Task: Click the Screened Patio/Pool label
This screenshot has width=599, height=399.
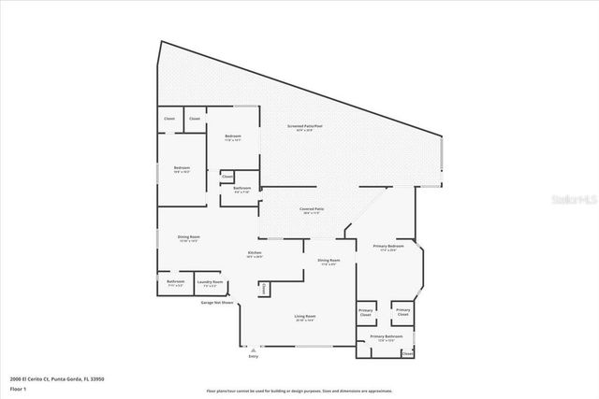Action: pos(305,126)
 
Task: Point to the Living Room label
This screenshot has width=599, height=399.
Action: pos(305,317)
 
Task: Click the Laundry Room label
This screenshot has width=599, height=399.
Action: pos(210,281)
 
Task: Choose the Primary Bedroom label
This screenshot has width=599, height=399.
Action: pos(387,247)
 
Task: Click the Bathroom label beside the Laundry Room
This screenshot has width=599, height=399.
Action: pos(175,281)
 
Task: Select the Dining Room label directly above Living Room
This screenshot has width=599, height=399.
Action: pos(328,261)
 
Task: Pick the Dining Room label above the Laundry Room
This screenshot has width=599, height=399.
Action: pos(189,237)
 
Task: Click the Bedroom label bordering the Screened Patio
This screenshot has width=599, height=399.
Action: pos(233,137)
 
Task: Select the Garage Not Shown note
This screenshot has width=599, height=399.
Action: pos(217,303)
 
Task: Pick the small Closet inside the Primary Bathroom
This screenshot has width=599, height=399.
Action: pos(407,354)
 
